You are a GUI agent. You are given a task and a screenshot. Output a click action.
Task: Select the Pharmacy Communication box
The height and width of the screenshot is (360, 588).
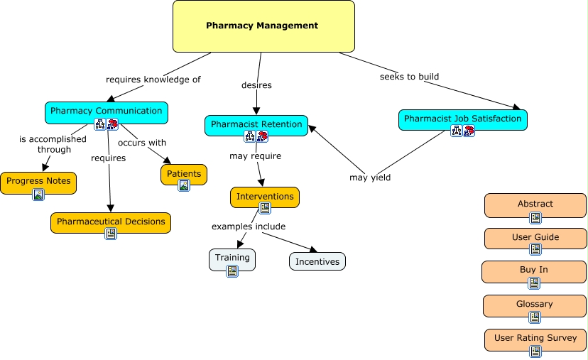(x=107, y=111)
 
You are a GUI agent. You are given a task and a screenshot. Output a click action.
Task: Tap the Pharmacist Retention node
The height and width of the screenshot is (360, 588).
(x=256, y=125)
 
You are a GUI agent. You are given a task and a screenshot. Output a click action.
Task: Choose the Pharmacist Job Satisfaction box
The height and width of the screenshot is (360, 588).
(x=462, y=119)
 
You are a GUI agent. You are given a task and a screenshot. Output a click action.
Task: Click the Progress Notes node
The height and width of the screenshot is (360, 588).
(x=38, y=182)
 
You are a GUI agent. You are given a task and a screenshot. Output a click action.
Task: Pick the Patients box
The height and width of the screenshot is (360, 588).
(x=184, y=174)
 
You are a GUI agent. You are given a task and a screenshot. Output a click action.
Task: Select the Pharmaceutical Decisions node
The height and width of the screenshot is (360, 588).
(x=111, y=222)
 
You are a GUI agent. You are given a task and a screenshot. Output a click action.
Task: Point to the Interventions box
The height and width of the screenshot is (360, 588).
(x=265, y=197)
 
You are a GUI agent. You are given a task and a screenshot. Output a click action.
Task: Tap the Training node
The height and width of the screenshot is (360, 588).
(x=232, y=258)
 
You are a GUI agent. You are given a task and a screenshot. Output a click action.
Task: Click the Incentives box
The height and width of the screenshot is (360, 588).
(x=317, y=261)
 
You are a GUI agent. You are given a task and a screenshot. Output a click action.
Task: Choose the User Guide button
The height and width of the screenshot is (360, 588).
(x=535, y=238)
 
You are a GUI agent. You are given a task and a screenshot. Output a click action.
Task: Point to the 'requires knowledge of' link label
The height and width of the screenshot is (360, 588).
(x=153, y=80)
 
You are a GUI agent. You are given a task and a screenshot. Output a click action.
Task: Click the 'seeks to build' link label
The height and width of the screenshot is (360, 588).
(x=409, y=77)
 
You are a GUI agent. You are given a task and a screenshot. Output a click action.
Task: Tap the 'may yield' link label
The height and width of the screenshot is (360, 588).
(x=370, y=178)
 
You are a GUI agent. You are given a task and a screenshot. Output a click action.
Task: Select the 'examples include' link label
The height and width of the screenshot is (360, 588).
(x=249, y=227)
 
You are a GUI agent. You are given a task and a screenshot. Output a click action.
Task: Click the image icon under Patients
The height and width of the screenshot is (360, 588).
(x=184, y=185)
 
